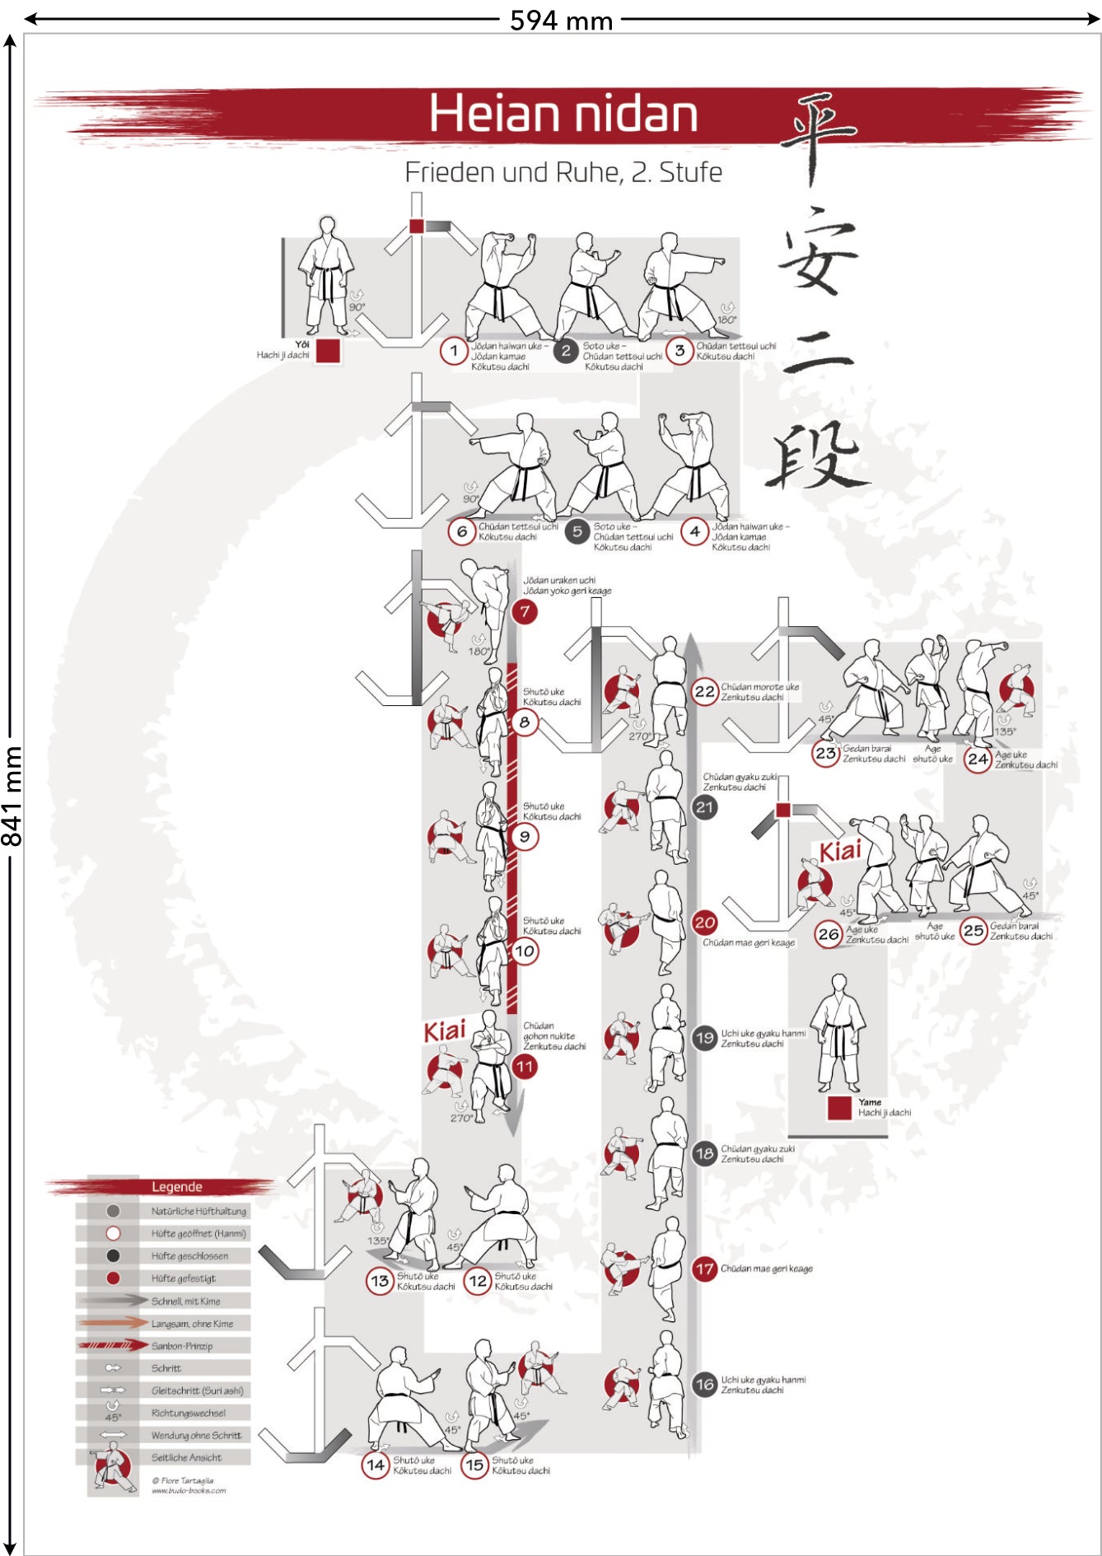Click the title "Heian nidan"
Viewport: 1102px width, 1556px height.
[563, 114]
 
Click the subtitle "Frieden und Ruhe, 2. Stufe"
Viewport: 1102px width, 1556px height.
[563, 172]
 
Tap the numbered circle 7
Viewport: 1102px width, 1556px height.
[525, 611]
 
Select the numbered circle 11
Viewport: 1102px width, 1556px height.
[525, 1067]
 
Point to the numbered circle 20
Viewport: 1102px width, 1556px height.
[704, 923]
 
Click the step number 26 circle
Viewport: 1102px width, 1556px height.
[829, 934]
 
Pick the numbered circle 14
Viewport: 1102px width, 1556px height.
[376, 1465]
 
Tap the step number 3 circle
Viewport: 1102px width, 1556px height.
[679, 351]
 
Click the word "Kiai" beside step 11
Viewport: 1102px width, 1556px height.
[445, 1030]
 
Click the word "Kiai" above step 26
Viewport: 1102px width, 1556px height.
[840, 851]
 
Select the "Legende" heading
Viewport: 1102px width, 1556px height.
[176, 1187]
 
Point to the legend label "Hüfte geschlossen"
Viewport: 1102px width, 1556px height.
[189, 1256]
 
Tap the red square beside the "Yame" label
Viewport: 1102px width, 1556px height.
[839, 1108]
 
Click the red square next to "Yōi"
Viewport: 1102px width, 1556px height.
[328, 351]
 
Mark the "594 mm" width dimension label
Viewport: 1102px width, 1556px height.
[561, 20]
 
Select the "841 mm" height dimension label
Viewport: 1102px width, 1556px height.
[12, 796]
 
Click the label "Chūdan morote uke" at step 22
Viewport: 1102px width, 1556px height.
[759, 686]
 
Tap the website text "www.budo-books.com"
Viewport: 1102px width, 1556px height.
[189, 1490]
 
